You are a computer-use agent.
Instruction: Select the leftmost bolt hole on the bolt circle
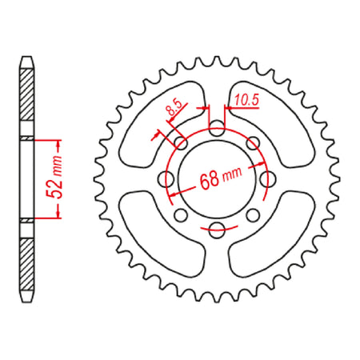[169, 178]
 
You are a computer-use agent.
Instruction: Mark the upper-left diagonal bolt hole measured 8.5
[182, 143]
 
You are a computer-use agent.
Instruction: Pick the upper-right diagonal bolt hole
[250, 143]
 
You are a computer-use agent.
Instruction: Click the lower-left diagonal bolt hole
[182, 214]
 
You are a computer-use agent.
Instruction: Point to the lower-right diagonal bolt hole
[250, 214]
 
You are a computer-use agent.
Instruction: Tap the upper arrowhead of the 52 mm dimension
[58, 143]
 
